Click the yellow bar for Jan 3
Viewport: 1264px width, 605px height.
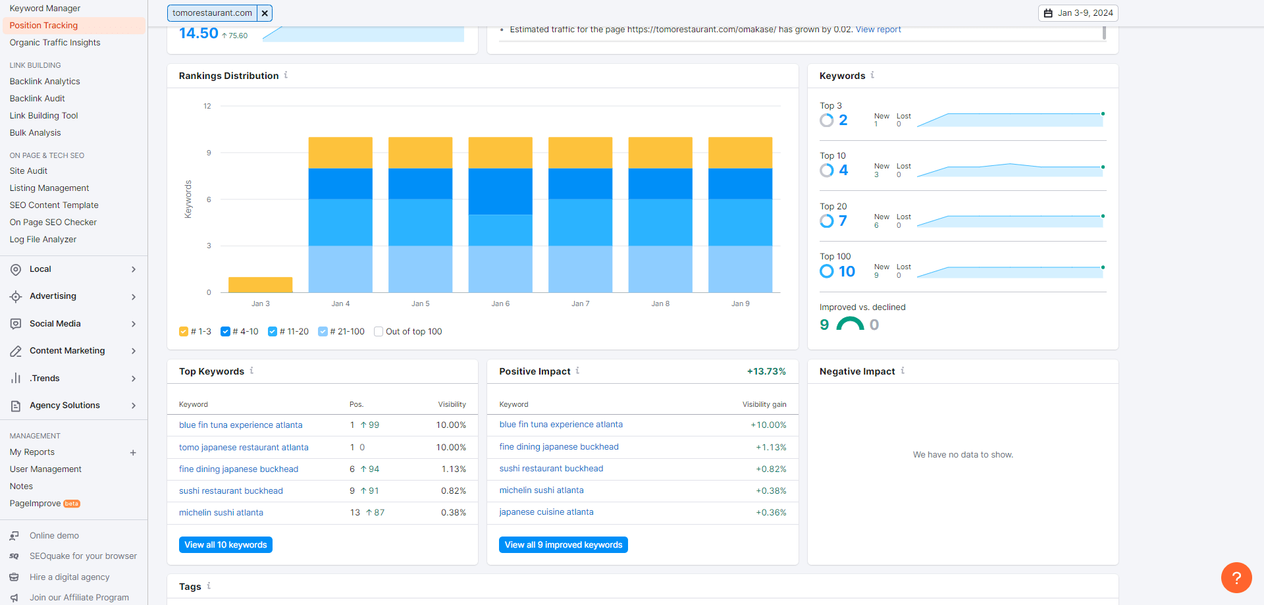[260, 284]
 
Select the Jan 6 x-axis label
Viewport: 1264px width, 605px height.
[500, 303]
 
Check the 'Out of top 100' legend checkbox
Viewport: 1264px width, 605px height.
[379, 332]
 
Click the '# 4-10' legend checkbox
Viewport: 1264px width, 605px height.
[226, 332]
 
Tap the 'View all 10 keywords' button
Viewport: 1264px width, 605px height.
[225, 544]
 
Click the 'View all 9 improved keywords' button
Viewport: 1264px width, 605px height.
[563, 544]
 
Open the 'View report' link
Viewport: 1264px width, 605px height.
[878, 30]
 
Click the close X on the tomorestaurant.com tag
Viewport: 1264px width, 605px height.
[265, 13]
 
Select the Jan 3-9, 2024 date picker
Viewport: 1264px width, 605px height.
[1078, 13]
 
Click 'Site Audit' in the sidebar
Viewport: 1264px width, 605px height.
[28, 171]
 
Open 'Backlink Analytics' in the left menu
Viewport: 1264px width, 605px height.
[45, 82]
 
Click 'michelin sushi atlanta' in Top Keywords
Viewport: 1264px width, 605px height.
[221, 513]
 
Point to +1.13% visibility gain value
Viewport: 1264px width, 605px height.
[771, 447]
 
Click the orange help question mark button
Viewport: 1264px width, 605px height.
[1236, 577]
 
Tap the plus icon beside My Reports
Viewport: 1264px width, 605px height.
[133, 453]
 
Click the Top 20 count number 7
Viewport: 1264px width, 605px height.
[843, 221]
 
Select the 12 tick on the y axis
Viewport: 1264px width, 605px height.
[207, 106]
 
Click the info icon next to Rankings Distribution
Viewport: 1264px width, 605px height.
[286, 75]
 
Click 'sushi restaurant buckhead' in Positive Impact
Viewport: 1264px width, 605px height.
[551, 469]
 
